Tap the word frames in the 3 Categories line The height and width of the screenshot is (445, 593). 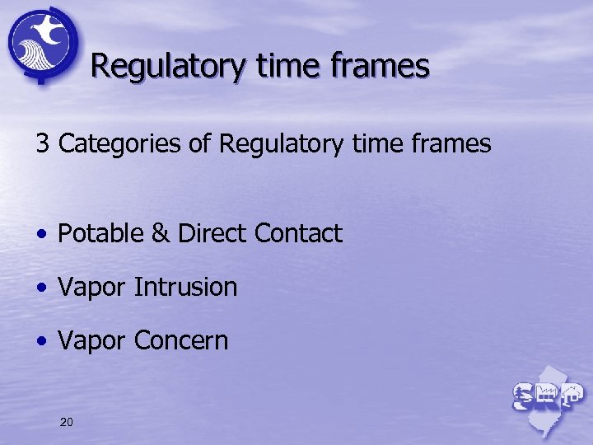point(450,144)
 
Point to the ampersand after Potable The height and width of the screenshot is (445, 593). point(160,234)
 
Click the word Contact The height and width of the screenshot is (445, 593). point(298,234)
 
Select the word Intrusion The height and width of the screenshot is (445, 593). point(185,288)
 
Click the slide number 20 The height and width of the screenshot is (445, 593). point(67,423)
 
